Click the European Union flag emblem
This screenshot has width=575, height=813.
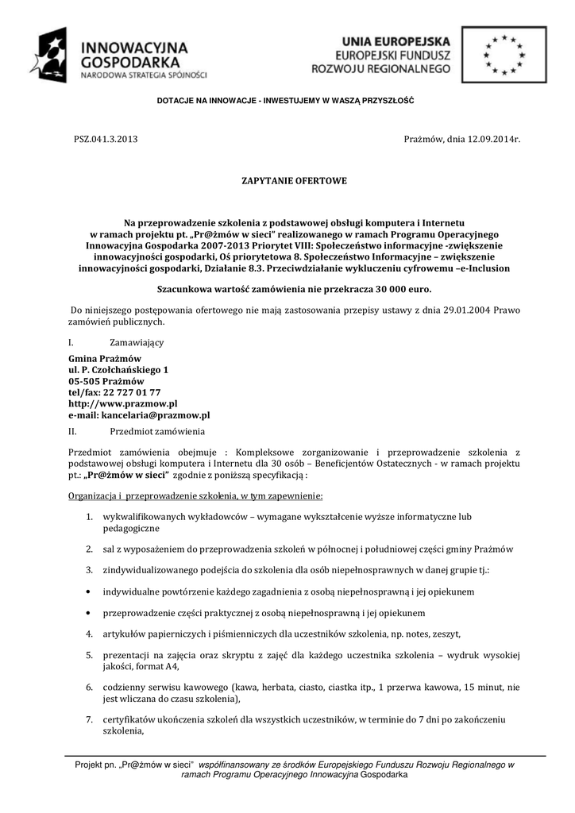point(504,54)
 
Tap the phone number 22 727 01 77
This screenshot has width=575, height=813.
point(132,392)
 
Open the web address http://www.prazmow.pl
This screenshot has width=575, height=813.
point(123,403)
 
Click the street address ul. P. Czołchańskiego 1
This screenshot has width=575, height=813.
point(118,370)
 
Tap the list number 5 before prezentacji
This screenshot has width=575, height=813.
point(90,654)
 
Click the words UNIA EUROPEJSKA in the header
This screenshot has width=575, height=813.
point(396,40)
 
